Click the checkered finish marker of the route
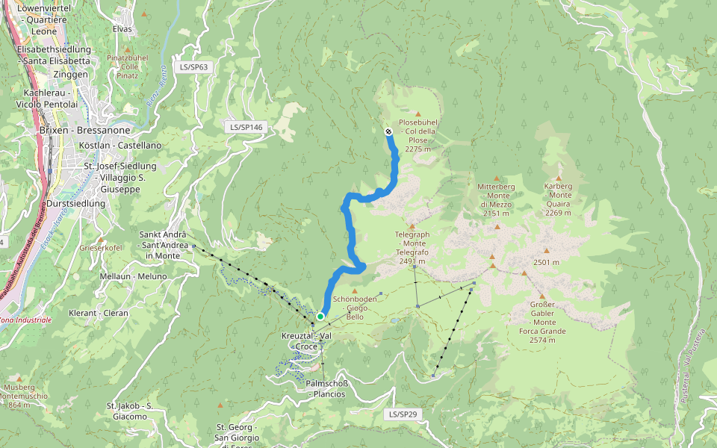pos(388,132)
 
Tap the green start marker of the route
pos(320,317)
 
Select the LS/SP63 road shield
pos(193,66)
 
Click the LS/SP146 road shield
pos(246,128)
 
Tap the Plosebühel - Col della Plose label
pos(418,135)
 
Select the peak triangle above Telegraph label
pos(412,225)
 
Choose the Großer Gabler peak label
pos(542,317)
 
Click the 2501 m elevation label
pos(546,262)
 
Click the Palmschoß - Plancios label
pos(326,388)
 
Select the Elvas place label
pos(122,29)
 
